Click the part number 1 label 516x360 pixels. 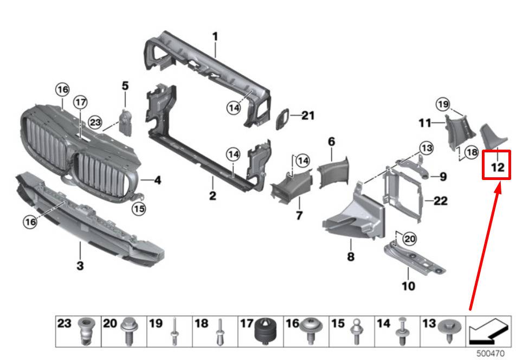(x=215, y=36)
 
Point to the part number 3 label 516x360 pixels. (x=80, y=266)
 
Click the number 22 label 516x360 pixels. (x=441, y=201)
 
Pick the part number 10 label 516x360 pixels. (x=408, y=286)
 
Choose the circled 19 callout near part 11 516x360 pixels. (x=443, y=104)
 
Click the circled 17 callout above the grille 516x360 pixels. (x=80, y=102)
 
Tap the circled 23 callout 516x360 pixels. (x=95, y=123)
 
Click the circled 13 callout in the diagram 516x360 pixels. (x=427, y=147)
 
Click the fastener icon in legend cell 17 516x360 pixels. (x=266, y=330)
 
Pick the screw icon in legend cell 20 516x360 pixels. (x=129, y=330)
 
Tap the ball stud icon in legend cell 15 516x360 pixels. (x=357, y=330)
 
